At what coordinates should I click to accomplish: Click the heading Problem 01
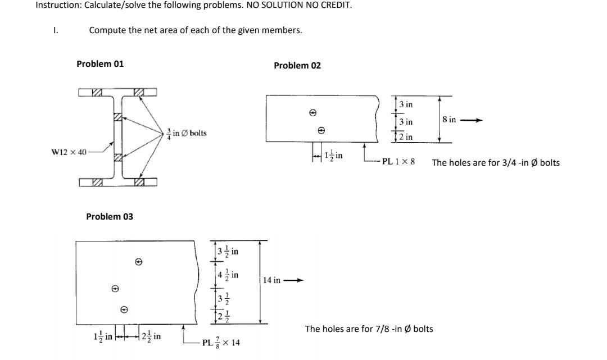(x=100, y=63)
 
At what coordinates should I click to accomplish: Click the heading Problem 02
(x=297, y=65)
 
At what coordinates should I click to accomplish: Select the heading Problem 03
(x=110, y=216)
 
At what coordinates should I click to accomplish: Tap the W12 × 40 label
(x=68, y=152)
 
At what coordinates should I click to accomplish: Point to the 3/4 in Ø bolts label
(x=187, y=133)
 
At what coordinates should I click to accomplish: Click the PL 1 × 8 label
(x=398, y=162)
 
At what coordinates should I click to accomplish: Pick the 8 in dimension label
(x=449, y=120)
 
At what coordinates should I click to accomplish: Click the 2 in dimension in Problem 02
(x=405, y=137)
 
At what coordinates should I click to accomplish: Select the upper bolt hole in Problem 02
(x=312, y=113)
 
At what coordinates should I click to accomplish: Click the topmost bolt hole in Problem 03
(x=138, y=262)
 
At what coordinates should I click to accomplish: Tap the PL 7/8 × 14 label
(x=221, y=342)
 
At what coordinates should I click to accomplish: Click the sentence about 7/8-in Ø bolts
(x=369, y=329)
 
